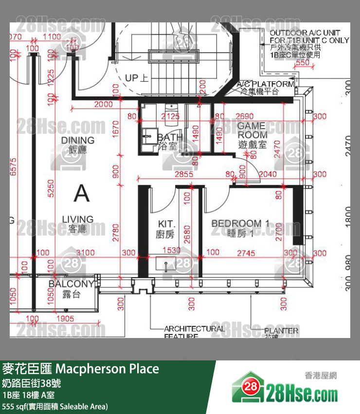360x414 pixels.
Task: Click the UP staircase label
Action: [x=137, y=78]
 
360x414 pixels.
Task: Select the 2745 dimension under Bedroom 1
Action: [x=246, y=252]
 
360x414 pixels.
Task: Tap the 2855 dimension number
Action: [x=184, y=174]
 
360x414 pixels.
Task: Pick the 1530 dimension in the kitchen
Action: [x=171, y=250]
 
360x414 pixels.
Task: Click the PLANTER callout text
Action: [x=281, y=331]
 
